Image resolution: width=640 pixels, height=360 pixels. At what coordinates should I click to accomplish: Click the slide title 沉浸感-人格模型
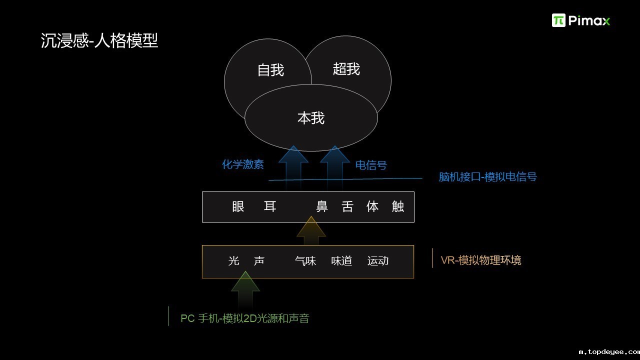point(99,41)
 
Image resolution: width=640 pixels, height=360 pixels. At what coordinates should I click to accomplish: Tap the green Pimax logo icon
point(558,20)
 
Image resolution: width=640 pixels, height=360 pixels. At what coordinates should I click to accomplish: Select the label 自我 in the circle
point(270,70)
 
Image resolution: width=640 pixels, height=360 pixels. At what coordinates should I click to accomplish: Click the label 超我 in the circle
point(346,69)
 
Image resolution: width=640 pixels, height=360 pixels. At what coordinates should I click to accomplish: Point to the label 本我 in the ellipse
point(311,118)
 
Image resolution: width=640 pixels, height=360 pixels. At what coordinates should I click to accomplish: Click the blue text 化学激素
point(243,164)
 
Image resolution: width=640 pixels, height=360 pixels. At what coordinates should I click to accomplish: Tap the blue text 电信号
point(371,165)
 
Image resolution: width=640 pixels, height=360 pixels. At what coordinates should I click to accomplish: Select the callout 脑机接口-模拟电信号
point(487,177)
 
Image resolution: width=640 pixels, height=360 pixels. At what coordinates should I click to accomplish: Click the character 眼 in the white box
point(238,206)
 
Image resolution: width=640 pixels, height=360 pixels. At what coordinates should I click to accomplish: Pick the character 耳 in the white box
point(270,206)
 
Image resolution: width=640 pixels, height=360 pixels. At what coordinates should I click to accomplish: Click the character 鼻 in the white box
point(322,206)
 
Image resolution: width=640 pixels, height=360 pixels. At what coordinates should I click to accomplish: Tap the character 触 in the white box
point(398,206)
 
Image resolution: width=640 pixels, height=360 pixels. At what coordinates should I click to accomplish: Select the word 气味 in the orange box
point(305,261)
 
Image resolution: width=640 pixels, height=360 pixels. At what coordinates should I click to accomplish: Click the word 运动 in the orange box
point(378,261)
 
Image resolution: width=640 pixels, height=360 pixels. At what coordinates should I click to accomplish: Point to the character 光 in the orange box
point(234,261)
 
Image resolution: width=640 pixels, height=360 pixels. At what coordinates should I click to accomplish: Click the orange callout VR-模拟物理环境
point(481,260)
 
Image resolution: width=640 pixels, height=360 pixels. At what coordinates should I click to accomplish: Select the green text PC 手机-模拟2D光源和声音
point(245,318)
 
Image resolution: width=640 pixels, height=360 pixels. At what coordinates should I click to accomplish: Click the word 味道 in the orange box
point(342,261)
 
